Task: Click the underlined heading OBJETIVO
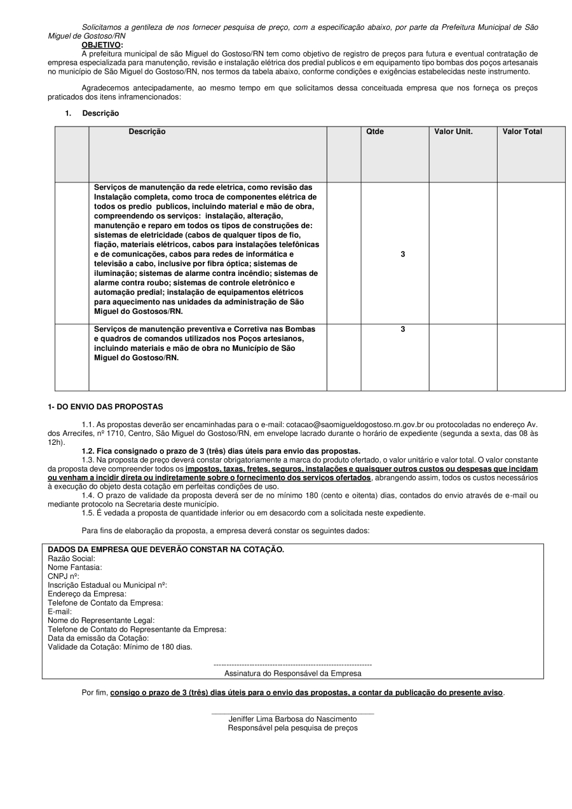[102, 45]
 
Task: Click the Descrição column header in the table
[147, 132]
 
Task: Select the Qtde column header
[375, 132]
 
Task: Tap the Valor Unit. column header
[453, 132]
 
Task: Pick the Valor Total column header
[522, 132]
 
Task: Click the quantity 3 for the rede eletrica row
[403, 254]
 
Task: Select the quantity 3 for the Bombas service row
[403, 329]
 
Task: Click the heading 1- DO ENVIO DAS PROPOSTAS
[106, 406]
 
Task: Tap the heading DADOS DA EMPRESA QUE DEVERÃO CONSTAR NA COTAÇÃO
[166, 549]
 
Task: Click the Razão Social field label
[71, 558]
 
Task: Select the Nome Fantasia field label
[74, 567]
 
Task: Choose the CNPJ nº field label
[64, 576]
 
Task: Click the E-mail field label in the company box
[60, 611]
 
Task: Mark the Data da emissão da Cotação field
[98, 638]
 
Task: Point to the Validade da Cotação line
[119, 647]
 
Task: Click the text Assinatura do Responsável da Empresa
[292, 673]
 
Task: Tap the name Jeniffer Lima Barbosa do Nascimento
[292, 719]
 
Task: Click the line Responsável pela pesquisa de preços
[292, 728]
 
